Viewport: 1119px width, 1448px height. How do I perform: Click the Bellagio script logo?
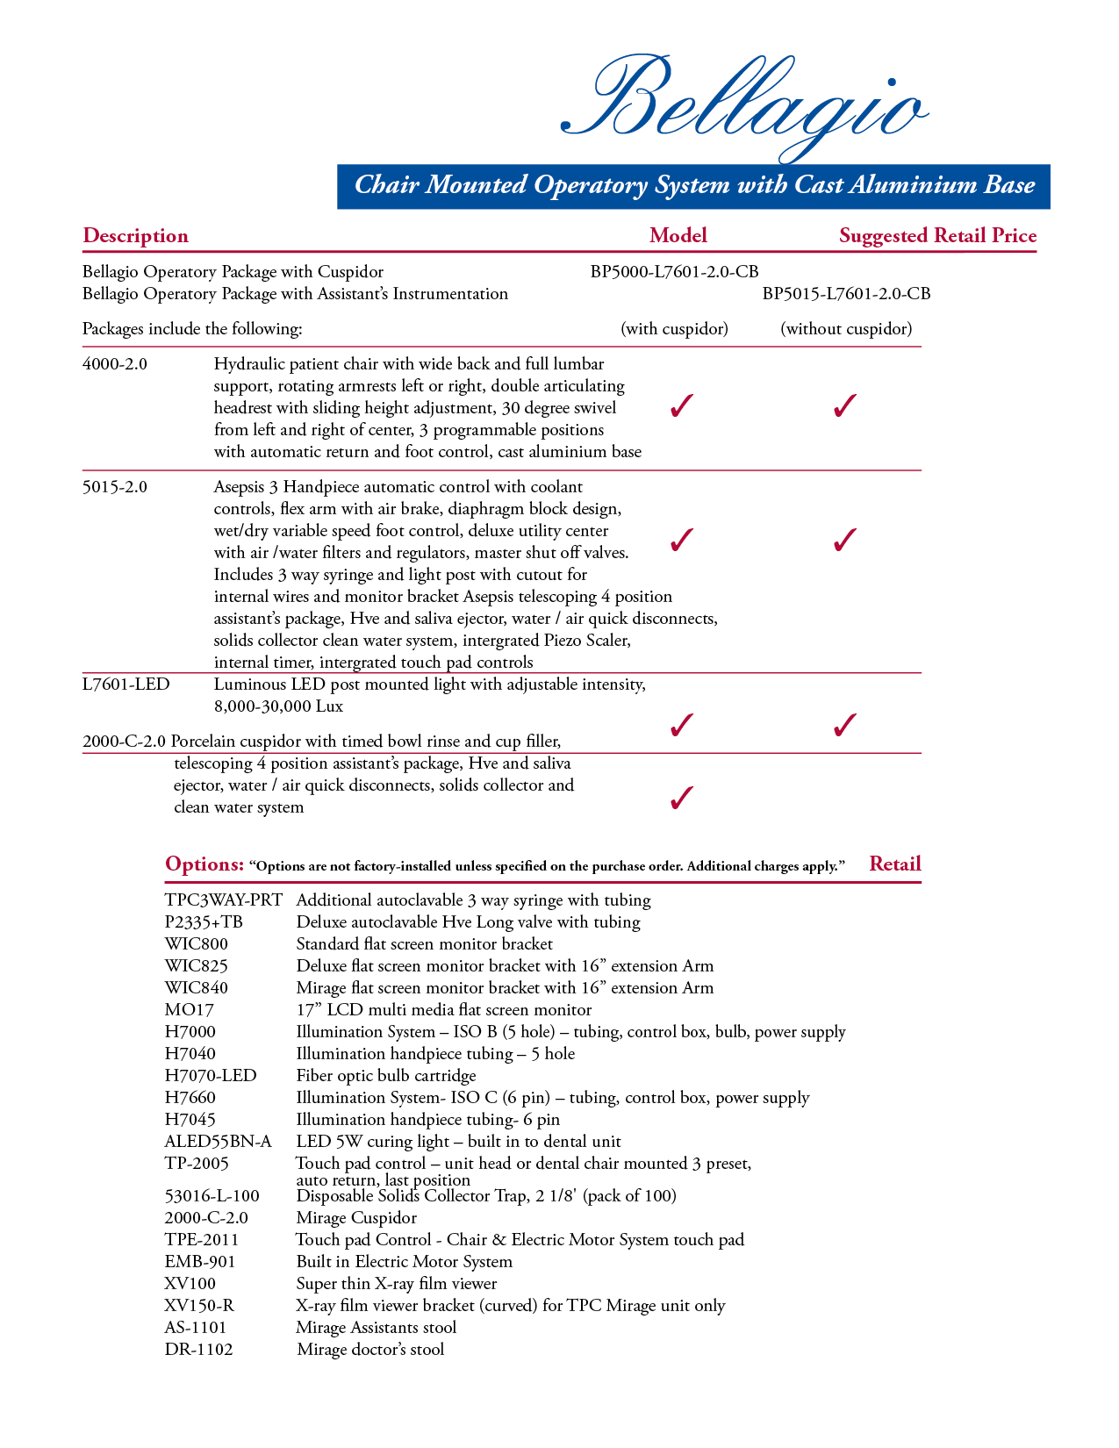click(x=744, y=104)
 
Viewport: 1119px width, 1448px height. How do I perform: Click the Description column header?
click(x=135, y=236)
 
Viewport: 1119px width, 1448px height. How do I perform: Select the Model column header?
click(x=678, y=235)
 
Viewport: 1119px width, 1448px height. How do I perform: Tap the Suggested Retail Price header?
click(x=937, y=235)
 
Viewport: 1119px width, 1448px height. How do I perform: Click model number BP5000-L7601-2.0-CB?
click(x=674, y=272)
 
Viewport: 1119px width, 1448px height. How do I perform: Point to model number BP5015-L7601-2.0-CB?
click(x=846, y=294)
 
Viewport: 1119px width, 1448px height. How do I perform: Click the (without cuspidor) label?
click(x=846, y=329)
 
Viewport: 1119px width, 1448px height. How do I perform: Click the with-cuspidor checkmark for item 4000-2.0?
click(x=681, y=406)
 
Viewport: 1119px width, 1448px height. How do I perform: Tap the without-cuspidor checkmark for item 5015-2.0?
click(x=844, y=540)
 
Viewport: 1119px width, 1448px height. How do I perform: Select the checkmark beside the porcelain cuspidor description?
click(x=681, y=798)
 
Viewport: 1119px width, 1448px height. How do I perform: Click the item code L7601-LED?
click(x=126, y=685)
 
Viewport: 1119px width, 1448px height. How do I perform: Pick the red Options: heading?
click(x=204, y=864)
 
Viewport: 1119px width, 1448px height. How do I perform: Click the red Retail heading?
click(x=894, y=864)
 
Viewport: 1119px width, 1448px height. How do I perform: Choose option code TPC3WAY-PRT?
click(x=224, y=900)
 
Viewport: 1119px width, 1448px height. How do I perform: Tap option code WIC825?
click(x=197, y=966)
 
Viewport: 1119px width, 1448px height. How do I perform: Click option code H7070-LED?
click(x=211, y=1076)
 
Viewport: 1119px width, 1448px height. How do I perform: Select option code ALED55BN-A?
click(x=219, y=1142)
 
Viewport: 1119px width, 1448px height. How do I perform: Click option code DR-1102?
click(x=199, y=1350)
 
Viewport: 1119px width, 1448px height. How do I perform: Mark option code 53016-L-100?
click(x=212, y=1196)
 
